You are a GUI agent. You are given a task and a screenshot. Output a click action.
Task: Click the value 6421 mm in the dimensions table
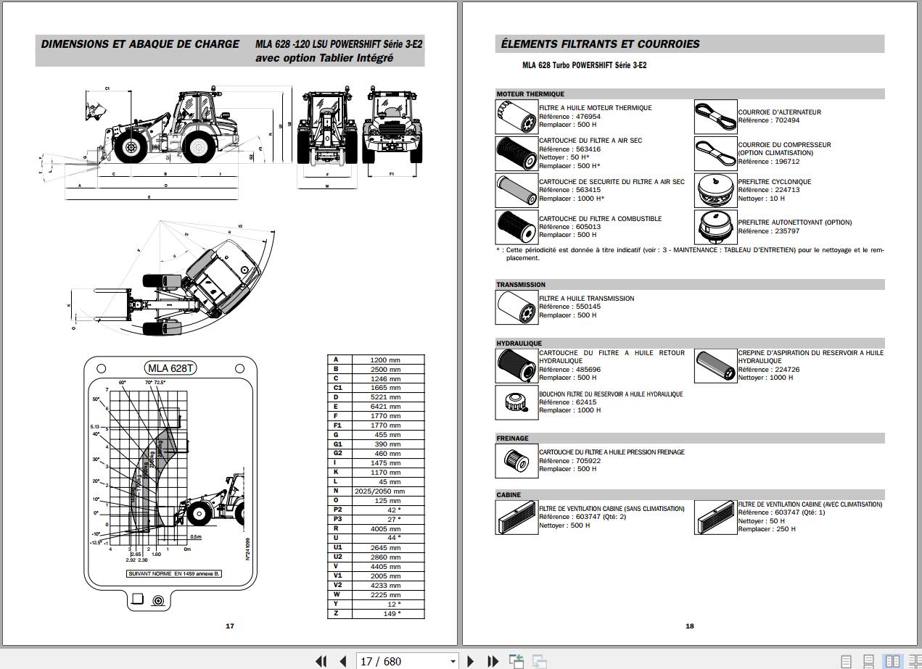coord(385,407)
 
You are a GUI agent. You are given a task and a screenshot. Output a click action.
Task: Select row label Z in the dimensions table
coord(336,613)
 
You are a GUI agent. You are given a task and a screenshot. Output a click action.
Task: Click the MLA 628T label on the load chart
coord(170,368)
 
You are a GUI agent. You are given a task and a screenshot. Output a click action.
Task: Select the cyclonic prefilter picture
coord(715,189)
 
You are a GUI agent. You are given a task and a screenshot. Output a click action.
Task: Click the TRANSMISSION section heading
coord(521,285)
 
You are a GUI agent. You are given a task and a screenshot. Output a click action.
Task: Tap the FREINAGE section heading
coord(512,439)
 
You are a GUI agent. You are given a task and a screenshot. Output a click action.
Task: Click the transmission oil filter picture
coord(516,307)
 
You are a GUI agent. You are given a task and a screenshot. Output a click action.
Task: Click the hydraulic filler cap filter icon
coord(516,402)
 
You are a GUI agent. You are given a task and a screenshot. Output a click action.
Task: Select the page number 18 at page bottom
coord(690,626)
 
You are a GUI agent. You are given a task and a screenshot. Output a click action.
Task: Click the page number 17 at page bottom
coord(230,626)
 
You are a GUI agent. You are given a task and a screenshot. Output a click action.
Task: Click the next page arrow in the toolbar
coord(471,661)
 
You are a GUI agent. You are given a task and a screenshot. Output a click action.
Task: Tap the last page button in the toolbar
coord(493,661)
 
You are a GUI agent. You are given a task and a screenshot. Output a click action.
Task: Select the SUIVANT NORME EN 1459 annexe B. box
coord(174,574)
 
